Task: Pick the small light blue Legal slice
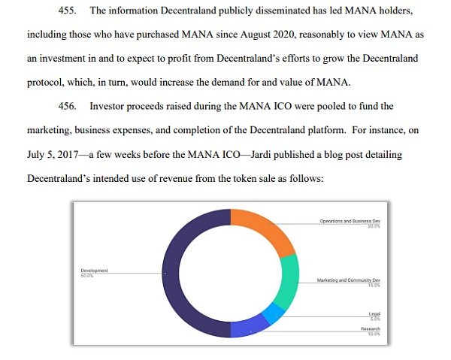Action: coord(272,314)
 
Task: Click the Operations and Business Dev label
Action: coord(350,222)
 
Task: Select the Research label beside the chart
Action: coord(370,328)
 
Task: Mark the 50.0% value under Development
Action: coord(86,274)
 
